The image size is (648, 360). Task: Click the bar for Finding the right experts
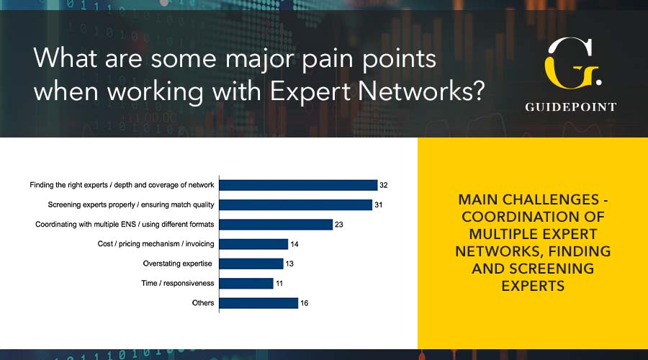298,185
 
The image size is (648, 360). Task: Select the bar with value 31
296,204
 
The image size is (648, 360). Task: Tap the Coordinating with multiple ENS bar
276,225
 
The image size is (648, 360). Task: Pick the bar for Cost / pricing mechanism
253,244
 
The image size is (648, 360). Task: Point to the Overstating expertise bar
251,264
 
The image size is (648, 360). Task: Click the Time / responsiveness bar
246,283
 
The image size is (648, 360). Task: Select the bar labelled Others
258,303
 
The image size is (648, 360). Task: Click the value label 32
384,185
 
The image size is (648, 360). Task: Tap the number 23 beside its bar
339,225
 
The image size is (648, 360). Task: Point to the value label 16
304,303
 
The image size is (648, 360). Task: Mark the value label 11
279,283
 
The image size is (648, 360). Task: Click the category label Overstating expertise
177,264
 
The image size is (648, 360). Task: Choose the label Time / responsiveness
178,283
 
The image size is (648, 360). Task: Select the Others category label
203,303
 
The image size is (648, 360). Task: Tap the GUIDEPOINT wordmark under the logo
571,107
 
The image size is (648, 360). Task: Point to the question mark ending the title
478,90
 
